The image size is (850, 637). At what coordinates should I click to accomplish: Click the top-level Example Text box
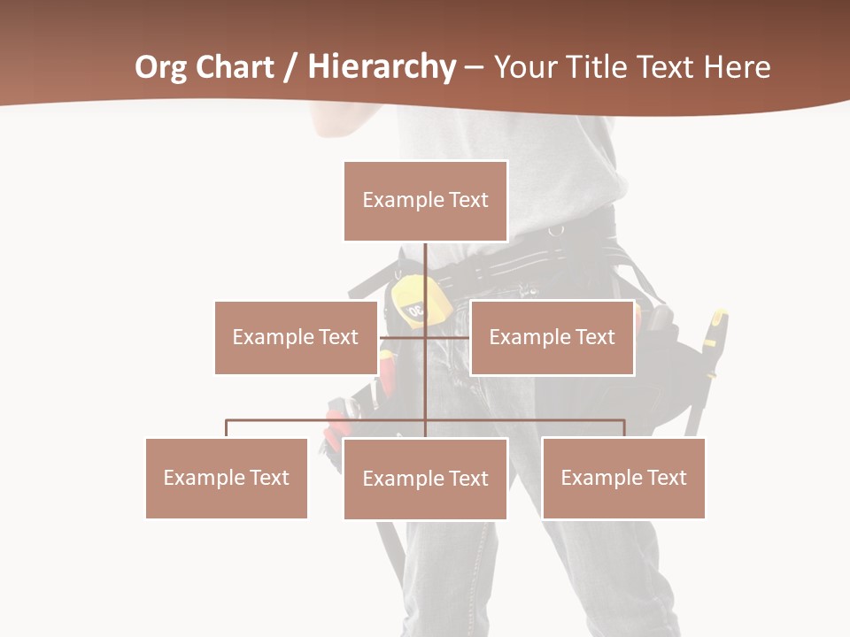point(425,201)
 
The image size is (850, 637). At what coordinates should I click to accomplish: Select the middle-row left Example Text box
point(296,337)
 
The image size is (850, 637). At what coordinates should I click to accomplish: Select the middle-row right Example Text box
point(552,337)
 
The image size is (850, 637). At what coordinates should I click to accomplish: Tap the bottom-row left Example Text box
point(227,478)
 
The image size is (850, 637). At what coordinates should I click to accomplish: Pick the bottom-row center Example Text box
point(425,479)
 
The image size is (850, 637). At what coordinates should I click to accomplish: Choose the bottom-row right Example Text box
point(623,478)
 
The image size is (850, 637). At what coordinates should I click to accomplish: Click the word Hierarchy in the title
point(382,67)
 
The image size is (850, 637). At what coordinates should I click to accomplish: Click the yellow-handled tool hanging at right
point(715,341)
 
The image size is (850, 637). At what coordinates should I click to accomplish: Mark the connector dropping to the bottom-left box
point(227,428)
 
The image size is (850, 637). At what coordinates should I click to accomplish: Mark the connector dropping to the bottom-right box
point(623,428)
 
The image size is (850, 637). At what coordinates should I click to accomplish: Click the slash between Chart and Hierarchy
point(290,67)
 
